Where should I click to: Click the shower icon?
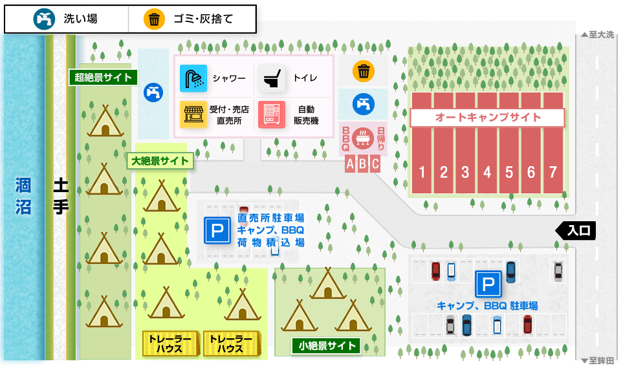tap(193, 78)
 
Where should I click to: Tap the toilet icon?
tap(272, 78)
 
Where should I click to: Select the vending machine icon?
tap(272, 114)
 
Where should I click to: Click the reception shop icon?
tap(193, 114)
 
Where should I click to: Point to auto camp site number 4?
tap(487, 173)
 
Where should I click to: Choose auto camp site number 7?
tap(552, 173)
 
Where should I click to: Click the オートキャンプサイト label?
tap(488, 117)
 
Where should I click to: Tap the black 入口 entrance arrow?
tap(575, 230)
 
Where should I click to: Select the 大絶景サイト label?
tap(160, 161)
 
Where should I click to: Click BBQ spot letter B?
tap(362, 164)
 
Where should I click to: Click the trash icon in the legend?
tap(154, 19)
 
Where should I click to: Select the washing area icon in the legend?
tap(44, 19)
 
